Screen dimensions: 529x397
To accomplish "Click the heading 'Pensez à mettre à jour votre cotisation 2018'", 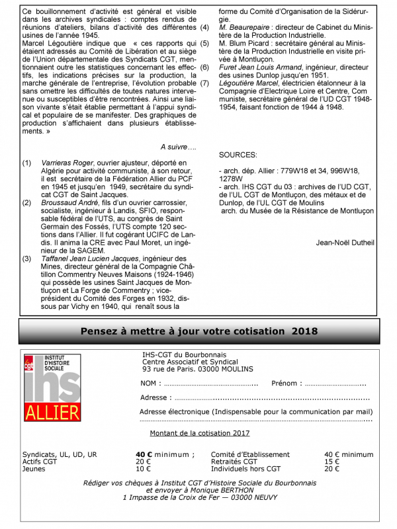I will (x=199, y=331).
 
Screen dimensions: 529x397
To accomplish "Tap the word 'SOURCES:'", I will (x=238, y=154).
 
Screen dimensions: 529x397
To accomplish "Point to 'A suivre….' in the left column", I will (x=179, y=145).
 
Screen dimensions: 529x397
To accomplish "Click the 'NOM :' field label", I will (x=150, y=384).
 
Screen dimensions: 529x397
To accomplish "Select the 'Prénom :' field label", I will (x=286, y=384).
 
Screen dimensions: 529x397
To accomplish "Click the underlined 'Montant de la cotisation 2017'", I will (x=200, y=433).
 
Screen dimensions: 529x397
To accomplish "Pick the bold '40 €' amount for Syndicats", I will (x=144, y=454).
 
